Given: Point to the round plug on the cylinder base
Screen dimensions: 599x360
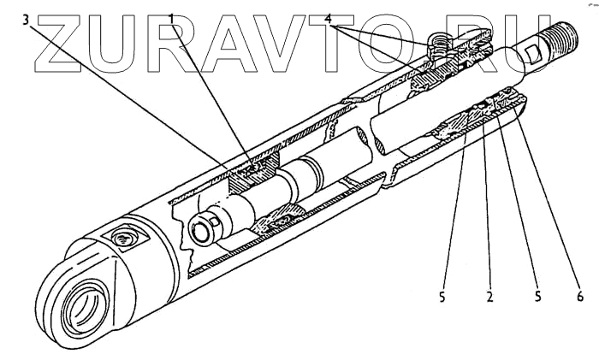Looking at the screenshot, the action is [x=120, y=240].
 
